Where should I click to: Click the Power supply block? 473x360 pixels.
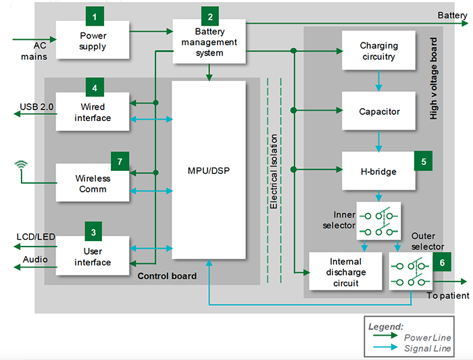93,41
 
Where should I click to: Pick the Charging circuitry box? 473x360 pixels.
378,51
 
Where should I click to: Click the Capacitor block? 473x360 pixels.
378,111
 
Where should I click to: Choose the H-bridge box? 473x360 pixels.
378,172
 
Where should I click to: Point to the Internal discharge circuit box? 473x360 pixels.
345,272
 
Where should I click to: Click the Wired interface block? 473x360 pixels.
93,112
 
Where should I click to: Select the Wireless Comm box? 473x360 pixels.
93,183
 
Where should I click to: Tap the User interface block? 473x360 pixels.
93,257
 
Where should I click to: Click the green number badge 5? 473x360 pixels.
423,161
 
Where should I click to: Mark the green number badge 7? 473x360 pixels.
120,161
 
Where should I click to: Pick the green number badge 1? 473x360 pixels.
95,16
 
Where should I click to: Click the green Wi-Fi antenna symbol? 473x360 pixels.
22,165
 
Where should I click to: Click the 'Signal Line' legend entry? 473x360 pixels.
428,347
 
